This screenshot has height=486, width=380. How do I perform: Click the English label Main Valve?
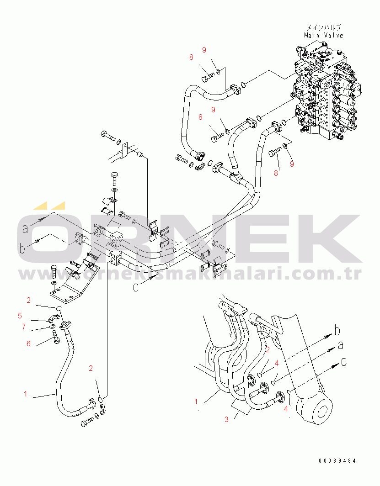324,35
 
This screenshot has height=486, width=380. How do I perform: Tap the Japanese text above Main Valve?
324,27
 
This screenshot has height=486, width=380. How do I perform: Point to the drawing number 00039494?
337,461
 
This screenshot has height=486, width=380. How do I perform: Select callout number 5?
20,316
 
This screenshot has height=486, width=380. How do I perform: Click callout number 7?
24,327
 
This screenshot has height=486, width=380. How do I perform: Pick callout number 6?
28,343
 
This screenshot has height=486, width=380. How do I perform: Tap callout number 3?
226,419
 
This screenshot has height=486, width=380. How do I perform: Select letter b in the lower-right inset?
337,331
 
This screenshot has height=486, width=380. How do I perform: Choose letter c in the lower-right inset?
344,362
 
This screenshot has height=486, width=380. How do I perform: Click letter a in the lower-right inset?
341,345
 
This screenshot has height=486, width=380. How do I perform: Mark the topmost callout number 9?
204,50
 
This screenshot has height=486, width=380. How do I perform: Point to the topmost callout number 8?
192,58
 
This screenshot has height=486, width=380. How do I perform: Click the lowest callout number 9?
292,164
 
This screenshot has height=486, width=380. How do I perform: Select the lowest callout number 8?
276,173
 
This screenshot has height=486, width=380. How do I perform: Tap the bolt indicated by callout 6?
56,337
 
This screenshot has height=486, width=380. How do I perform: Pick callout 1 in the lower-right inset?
196,402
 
